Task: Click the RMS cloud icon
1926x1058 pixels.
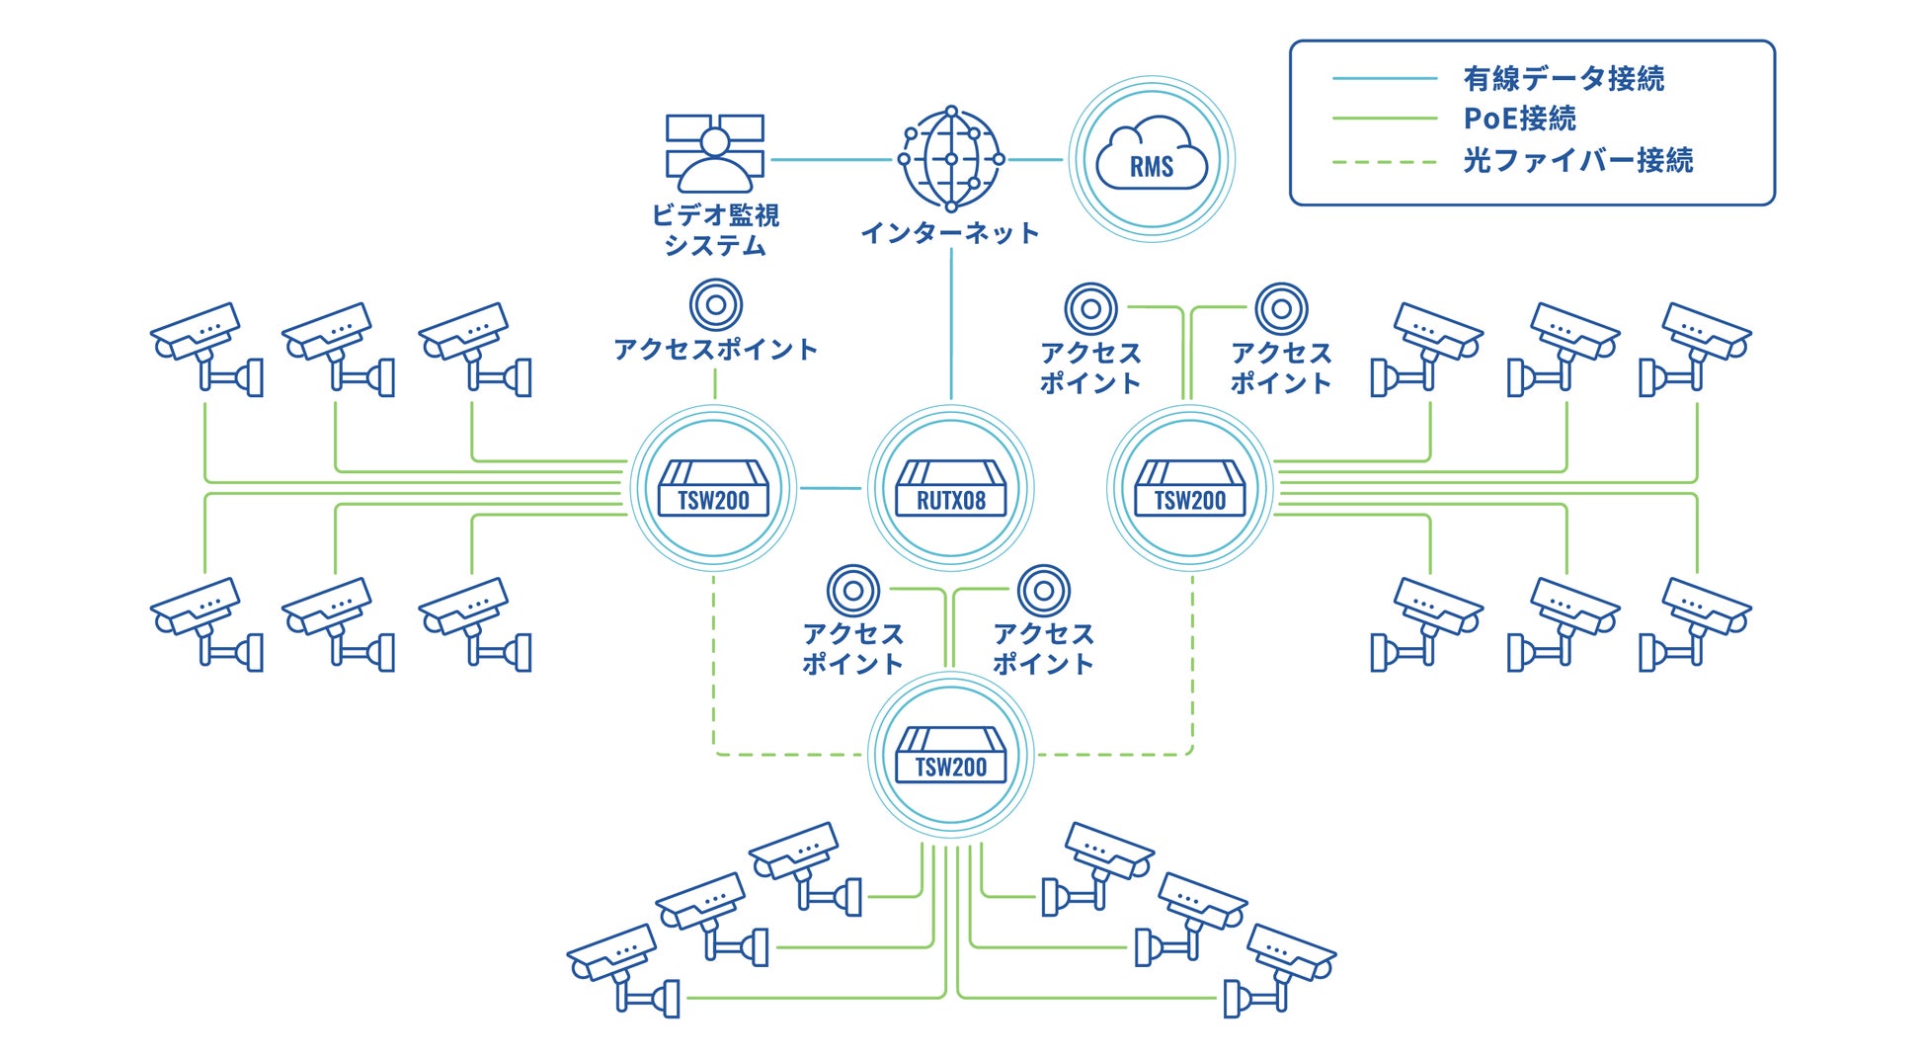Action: (1152, 159)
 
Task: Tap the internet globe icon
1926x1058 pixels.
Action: (950, 159)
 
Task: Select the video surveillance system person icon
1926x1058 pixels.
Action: (715, 153)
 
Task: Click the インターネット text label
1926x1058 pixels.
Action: (949, 233)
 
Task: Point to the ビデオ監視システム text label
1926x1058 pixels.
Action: (715, 229)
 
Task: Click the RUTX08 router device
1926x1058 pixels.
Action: (950, 488)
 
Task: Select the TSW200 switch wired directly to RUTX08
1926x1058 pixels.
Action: (713, 488)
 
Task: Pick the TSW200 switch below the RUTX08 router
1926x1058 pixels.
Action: (950, 755)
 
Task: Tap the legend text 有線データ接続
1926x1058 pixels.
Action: (1563, 78)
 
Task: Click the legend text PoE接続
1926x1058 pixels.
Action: (1519, 119)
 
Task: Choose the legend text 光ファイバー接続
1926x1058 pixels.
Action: (1577, 160)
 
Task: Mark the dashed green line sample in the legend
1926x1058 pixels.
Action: (1384, 162)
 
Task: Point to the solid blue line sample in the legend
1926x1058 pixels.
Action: (1384, 78)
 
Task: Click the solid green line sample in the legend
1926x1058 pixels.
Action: (1384, 119)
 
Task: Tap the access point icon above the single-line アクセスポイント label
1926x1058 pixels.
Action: (715, 304)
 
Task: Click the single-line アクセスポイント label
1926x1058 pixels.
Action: (715, 350)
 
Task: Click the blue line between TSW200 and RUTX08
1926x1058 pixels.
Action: (831, 488)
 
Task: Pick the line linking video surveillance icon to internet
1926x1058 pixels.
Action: (830, 159)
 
